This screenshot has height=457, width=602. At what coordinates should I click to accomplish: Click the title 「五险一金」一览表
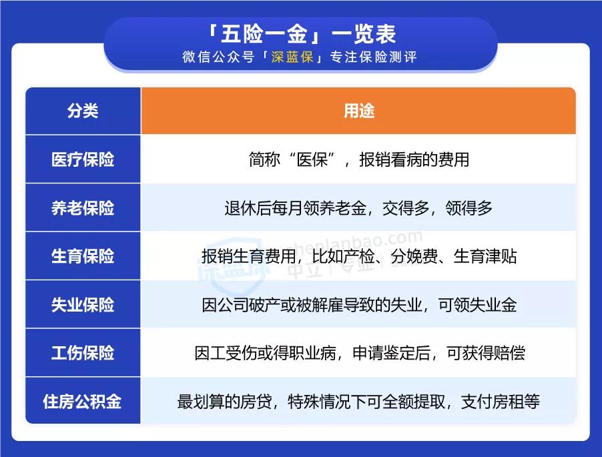(301, 34)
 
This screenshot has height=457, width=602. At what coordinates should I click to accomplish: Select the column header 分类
(83, 111)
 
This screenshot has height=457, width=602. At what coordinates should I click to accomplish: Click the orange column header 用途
(358, 111)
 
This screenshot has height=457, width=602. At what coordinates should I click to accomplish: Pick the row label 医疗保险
(83, 159)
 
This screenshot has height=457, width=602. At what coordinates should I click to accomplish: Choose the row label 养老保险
(83, 208)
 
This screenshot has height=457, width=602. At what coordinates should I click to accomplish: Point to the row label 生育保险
(83, 256)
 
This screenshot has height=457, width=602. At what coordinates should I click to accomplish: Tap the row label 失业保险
(83, 305)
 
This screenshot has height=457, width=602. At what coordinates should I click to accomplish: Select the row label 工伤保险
(83, 353)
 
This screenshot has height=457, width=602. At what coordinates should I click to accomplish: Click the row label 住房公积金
(83, 402)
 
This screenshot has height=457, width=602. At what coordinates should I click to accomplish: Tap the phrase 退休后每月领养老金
(295, 208)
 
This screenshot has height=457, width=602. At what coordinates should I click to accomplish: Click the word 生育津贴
(485, 257)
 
